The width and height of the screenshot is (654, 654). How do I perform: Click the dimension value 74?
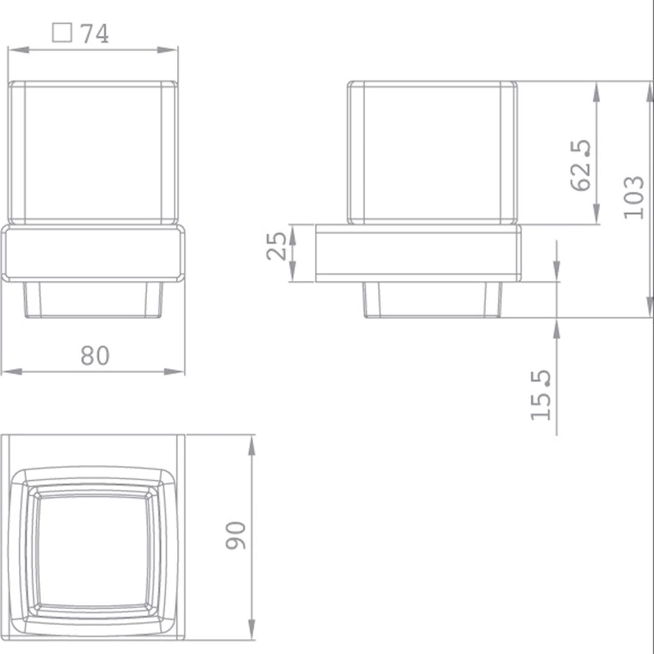click(x=94, y=33)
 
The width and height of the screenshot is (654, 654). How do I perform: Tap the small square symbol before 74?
click(x=62, y=33)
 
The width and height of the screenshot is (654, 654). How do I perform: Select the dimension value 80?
click(x=95, y=355)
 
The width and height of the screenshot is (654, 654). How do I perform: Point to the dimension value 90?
click(x=236, y=535)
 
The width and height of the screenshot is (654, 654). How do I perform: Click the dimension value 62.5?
click(x=581, y=165)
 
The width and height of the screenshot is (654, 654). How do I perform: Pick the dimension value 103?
click(x=633, y=197)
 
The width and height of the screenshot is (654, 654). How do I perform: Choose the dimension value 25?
click(x=277, y=246)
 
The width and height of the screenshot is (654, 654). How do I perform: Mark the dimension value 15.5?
click(x=541, y=395)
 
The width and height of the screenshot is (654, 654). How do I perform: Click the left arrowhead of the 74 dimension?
click(x=19, y=50)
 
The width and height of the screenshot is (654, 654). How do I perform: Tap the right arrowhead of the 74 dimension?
click(x=167, y=50)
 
